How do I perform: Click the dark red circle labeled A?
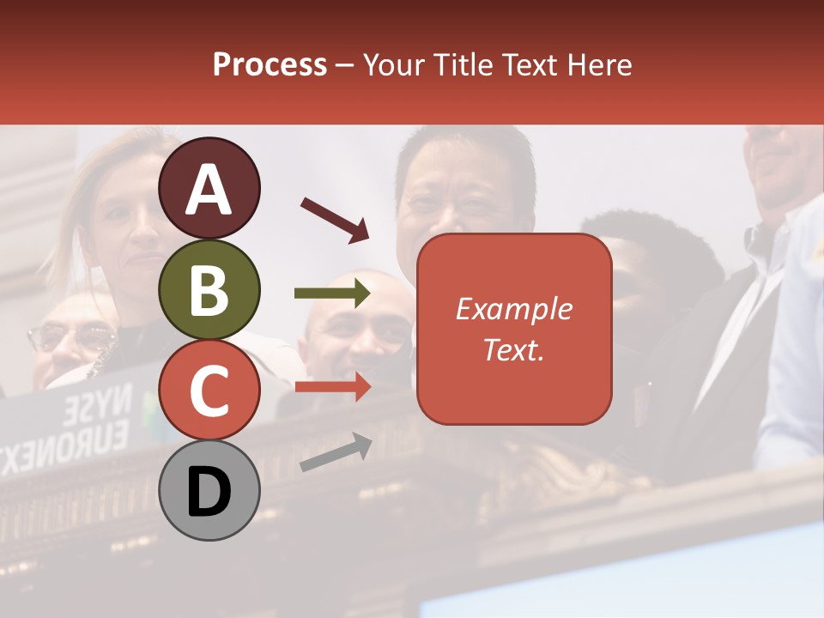tap(209, 189)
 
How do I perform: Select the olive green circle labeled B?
tap(209, 290)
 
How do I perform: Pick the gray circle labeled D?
tap(209, 490)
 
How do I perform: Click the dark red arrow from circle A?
tap(335, 218)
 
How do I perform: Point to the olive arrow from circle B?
tap(332, 294)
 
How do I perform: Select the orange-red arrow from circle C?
tap(332, 387)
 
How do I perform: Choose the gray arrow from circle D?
tap(336, 452)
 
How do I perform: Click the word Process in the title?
tap(270, 64)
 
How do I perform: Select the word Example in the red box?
tap(513, 309)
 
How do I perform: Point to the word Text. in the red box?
tap(513, 349)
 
